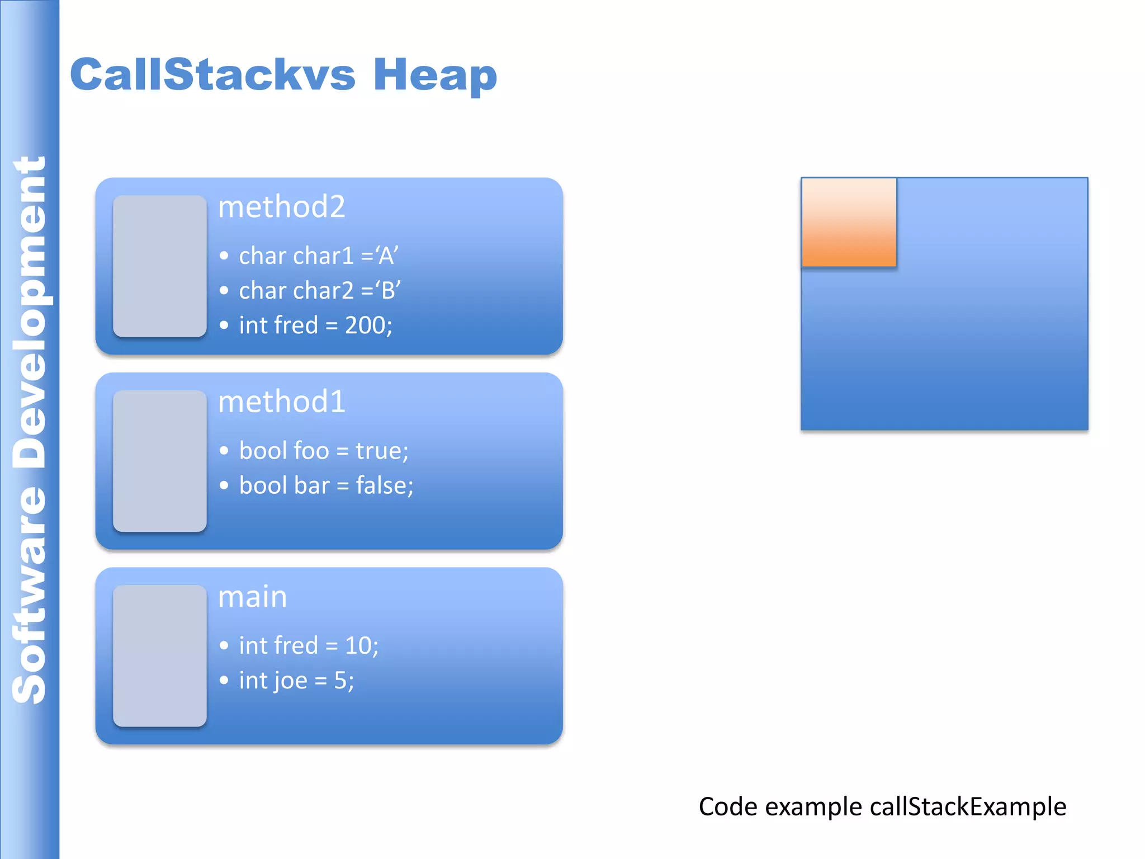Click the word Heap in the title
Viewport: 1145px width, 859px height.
[435, 75]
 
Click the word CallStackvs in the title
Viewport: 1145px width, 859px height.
[212, 75]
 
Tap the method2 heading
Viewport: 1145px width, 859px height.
[281, 207]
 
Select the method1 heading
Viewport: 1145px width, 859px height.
[281, 402]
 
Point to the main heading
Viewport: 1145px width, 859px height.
[252, 597]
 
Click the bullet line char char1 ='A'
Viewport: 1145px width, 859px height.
[318, 256]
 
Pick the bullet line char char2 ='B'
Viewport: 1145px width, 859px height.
[319, 291]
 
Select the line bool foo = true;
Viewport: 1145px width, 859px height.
[324, 451]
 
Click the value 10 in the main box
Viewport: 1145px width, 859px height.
[358, 646]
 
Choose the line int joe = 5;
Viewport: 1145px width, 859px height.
[296, 681]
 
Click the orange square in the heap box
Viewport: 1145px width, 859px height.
[849, 222]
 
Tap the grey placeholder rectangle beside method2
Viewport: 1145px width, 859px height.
[160, 266]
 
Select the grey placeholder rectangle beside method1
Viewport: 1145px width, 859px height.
[160, 461]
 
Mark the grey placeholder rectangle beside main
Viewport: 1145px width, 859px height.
[160, 655]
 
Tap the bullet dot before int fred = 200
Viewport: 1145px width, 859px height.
[224, 325]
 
